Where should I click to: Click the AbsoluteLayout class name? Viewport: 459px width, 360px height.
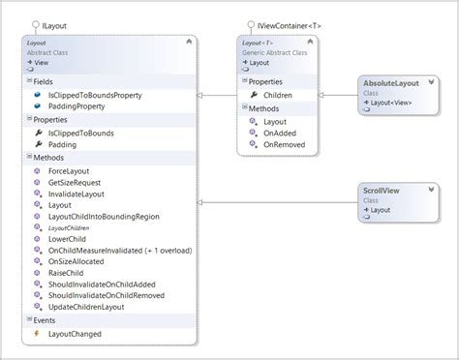pos(390,83)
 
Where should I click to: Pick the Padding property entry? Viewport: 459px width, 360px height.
pos(62,144)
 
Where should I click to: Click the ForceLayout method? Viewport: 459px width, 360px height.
pos(70,169)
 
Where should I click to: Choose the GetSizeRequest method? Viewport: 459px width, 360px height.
pos(75,181)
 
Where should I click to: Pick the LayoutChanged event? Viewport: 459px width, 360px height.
pos(75,334)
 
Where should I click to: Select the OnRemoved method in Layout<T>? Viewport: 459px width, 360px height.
pos(284,144)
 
